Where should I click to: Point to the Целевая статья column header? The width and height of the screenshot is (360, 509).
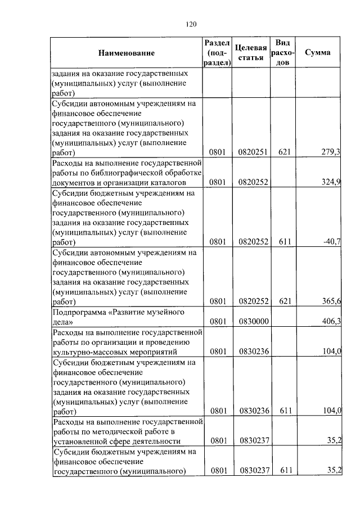tap(250, 53)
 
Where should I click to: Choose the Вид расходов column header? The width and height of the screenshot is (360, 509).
tap(283, 53)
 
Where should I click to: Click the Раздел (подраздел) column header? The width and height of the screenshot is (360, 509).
tap(217, 53)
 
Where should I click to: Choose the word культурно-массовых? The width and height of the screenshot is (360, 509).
tap(84, 352)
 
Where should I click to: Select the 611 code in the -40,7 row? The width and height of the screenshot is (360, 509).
tap(284, 241)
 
